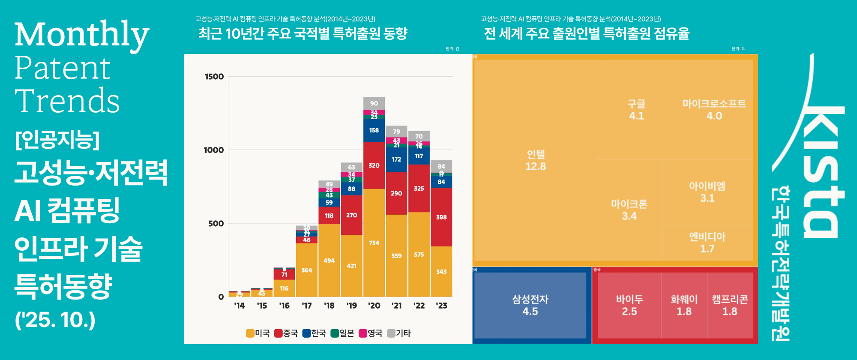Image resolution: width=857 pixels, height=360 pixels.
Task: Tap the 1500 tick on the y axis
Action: [x=214, y=77]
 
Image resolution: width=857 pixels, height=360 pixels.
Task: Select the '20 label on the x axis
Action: [x=374, y=306]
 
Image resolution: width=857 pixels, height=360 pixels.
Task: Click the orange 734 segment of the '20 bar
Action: [x=374, y=243]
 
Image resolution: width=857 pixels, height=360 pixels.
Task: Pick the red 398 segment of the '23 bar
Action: [x=441, y=217]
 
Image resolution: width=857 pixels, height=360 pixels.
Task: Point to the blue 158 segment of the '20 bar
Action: [x=374, y=130]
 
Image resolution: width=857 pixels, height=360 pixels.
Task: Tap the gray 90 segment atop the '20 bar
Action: [x=374, y=103]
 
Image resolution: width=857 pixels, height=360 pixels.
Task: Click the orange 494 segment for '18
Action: [x=329, y=261]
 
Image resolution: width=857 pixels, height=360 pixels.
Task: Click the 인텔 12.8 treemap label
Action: [x=536, y=160]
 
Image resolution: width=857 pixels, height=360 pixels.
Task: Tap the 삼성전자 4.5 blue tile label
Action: [x=530, y=305]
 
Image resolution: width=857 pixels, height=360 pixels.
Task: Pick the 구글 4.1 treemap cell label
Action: [x=636, y=110]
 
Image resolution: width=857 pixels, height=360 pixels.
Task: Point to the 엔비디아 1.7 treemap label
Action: [x=707, y=243]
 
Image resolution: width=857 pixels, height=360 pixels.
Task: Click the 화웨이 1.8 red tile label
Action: [x=684, y=305]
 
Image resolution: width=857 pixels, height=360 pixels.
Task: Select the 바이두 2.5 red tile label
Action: [x=629, y=305]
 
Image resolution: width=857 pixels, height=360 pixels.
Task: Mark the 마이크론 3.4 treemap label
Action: [x=629, y=210]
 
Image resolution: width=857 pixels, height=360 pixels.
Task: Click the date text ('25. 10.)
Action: [x=55, y=320]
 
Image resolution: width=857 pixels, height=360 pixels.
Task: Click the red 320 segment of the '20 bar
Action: [x=374, y=165]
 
